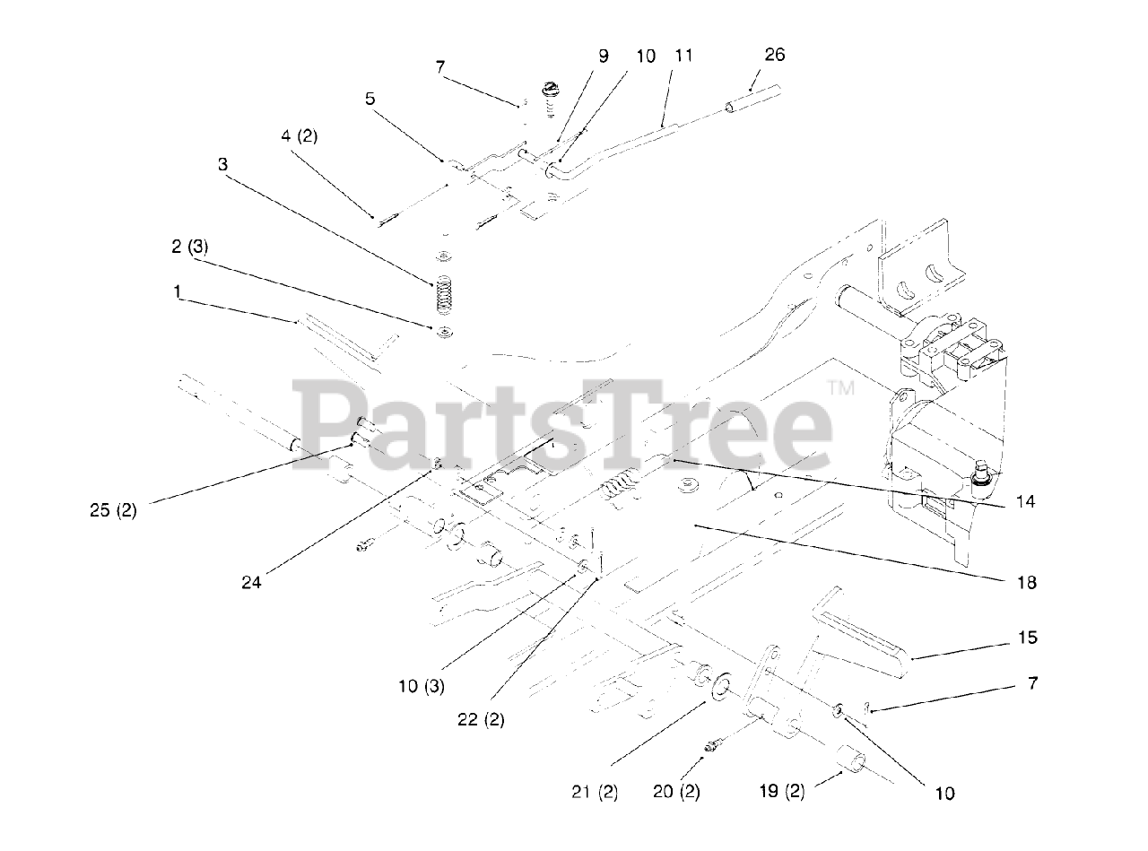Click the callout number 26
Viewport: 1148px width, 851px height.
coord(774,55)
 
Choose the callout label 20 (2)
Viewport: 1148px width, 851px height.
coord(676,792)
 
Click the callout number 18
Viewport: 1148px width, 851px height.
coord(1026,583)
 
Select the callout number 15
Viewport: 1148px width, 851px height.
coord(1027,638)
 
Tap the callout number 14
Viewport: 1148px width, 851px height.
coord(1026,502)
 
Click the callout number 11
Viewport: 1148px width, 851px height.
coord(683,55)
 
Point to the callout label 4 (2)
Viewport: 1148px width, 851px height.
coord(299,136)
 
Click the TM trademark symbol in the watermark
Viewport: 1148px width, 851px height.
coord(841,387)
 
